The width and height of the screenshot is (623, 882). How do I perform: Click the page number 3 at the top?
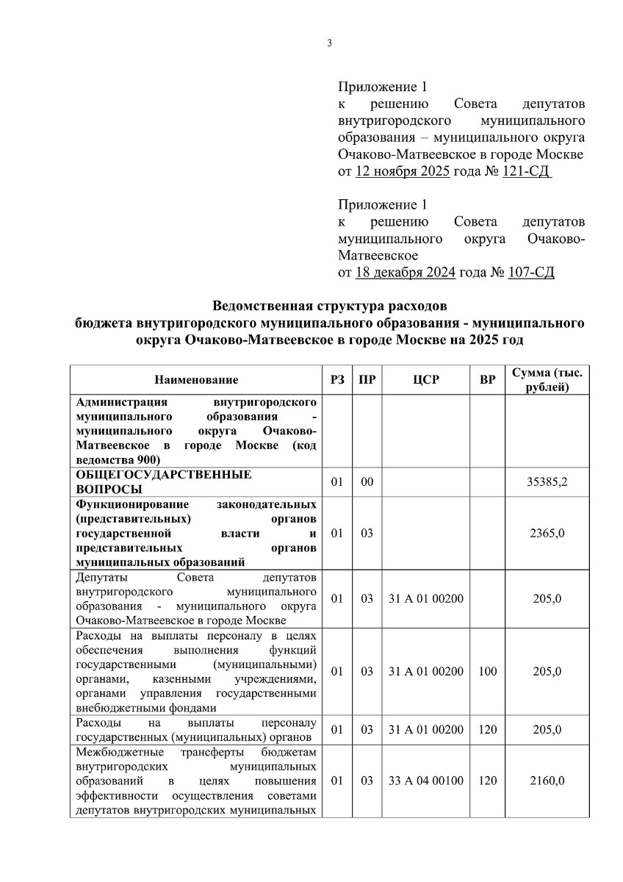330,43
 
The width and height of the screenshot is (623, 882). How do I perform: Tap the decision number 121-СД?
525,171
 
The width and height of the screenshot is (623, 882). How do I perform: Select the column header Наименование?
196,380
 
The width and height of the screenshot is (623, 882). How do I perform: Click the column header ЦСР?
425,380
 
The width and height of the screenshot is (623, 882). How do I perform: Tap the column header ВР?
487,380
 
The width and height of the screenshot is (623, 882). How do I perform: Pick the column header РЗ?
337,380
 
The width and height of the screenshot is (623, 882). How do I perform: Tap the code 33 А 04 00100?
425,781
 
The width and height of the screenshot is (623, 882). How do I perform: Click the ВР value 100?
487,671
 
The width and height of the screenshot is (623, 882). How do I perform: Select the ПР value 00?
367,482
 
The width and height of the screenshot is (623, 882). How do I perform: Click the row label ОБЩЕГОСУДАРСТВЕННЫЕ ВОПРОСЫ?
163,482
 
